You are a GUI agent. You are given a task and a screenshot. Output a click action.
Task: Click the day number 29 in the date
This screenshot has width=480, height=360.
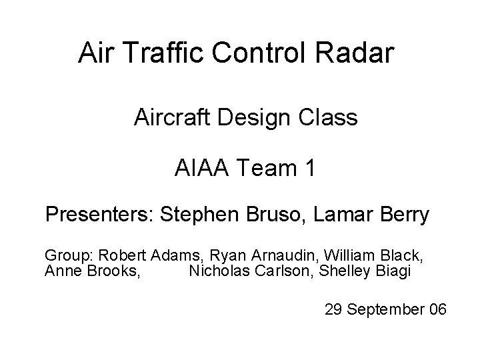(x=333, y=310)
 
